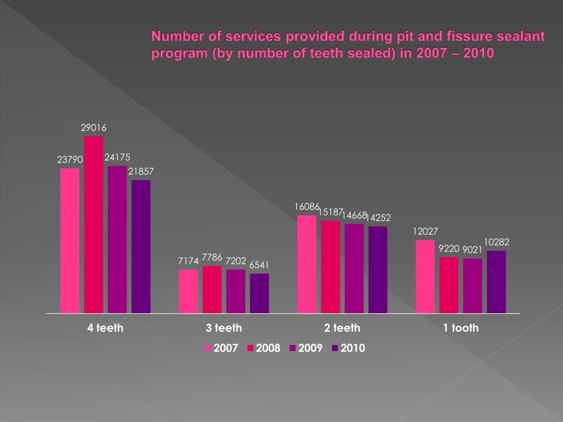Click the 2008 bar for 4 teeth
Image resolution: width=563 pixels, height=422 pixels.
tap(93, 225)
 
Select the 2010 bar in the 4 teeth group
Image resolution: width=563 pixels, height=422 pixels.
tap(141, 247)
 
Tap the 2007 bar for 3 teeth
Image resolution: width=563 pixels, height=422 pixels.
tap(188, 291)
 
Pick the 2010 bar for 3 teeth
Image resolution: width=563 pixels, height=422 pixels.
tap(260, 293)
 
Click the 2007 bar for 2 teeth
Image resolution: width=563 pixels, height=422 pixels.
tap(307, 264)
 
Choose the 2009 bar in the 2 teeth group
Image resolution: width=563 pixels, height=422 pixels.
tap(354, 269)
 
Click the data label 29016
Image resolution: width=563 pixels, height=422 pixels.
tap(93, 128)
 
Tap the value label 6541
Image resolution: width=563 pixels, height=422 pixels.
tap(260, 265)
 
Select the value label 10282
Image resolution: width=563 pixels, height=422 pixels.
tap(496, 242)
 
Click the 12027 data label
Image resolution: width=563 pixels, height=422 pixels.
tap(426, 232)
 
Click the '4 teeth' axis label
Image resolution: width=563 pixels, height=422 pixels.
tap(105, 328)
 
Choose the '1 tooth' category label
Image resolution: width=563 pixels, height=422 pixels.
tap(461, 328)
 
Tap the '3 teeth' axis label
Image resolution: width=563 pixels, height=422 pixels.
tap(224, 328)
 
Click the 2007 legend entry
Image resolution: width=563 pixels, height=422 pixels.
tap(221, 348)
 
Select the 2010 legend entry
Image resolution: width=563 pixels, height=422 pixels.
tap(348, 348)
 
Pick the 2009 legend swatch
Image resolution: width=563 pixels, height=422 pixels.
tap(293, 348)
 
